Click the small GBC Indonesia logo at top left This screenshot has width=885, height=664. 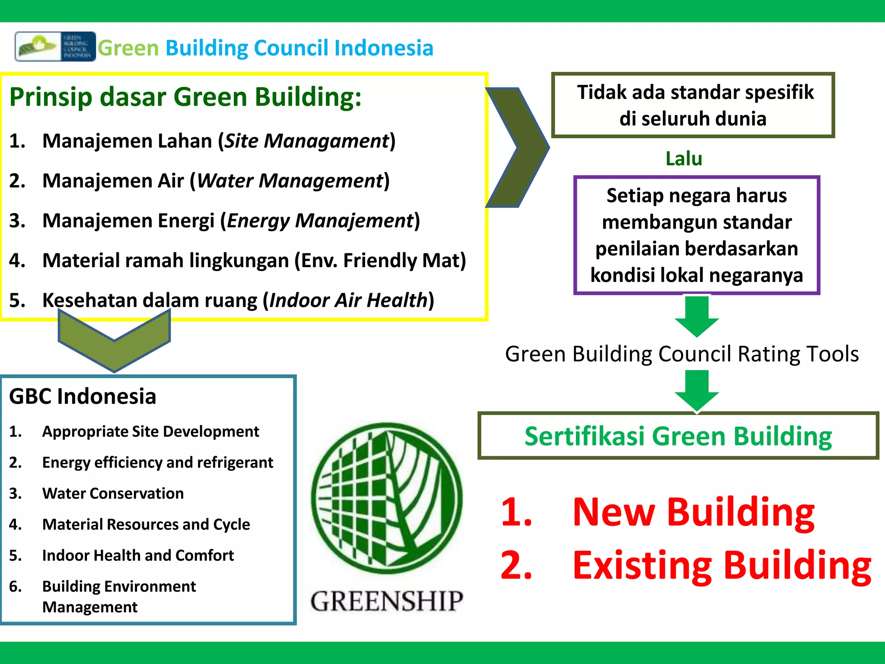point(55,47)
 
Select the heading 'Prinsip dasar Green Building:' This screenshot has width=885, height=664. point(185,97)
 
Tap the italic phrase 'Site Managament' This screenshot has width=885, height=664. point(307,141)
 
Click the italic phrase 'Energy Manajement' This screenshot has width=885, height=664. point(320,221)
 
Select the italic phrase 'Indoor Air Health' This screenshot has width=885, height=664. point(348,300)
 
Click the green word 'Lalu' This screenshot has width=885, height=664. point(684,159)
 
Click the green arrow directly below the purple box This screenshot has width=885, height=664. point(697,316)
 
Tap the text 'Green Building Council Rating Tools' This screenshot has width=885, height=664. point(681,354)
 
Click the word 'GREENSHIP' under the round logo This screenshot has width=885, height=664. point(387,601)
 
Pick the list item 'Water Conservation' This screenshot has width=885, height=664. point(113,494)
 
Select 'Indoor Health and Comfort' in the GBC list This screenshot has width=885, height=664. point(138,555)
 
